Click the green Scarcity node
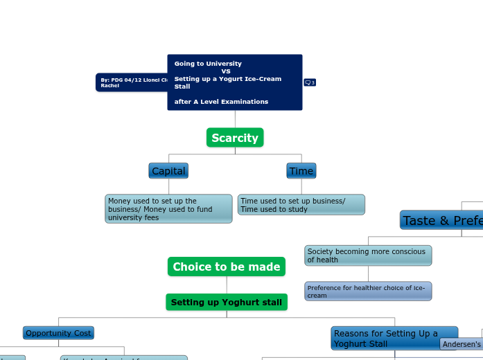coord(235,138)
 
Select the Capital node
coord(168,171)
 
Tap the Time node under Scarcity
coord(301,171)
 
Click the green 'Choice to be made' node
coord(227,267)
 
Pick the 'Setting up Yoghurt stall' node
coord(227,303)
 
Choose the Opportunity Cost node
coord(58,333)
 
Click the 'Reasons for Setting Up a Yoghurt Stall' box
coord(394,339)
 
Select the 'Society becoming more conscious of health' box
coord(368,255)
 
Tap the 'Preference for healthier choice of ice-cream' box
coord(368,291)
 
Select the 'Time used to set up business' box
coord(301,205)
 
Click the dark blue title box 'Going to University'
coord(235,82)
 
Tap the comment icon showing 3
coord(310,82)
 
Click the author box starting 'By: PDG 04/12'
coord(132,82)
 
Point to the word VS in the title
coord(226,71)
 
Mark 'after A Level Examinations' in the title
coord(221,102)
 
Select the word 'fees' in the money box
coord(151,217)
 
